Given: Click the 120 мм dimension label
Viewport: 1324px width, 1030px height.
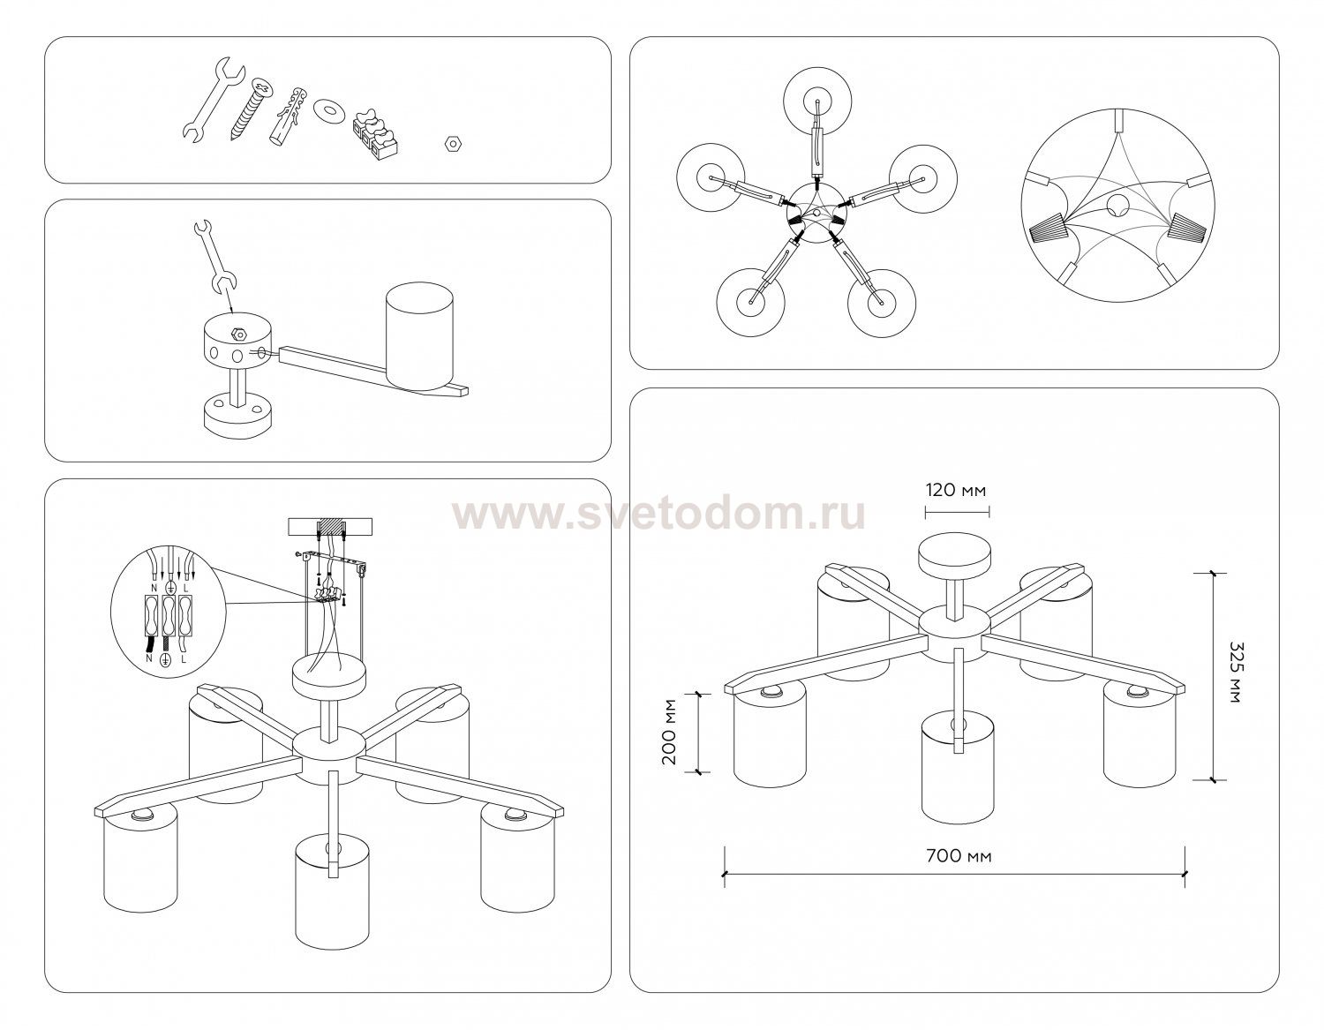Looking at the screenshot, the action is pyautogui.click(x=956, y=490).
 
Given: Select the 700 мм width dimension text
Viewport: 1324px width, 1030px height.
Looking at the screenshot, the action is pyautogui.click(x=959, y=856).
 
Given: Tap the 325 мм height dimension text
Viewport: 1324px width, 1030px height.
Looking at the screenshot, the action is pyautogui.click(x=1236, y=673).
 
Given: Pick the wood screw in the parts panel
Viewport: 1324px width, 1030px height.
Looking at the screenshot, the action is pyautogui.click(x=249, y=109).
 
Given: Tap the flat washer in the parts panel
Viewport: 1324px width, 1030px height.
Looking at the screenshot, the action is pyautogui.click(x=329, y=110).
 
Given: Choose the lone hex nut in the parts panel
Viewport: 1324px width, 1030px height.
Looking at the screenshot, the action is pyautogui.click(x=454, y=145).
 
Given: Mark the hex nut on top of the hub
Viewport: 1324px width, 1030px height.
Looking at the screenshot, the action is pyautogui.click(x=238, y=333).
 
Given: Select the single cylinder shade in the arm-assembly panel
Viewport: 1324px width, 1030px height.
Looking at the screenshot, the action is pyautogui.click(x=420, y=336).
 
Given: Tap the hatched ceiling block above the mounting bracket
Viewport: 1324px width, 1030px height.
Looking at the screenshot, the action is pyautogui.click(x=330, y=524).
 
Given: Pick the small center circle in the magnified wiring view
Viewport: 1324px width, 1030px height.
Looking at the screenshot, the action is pyautogui.click(x=1117, y=207).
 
